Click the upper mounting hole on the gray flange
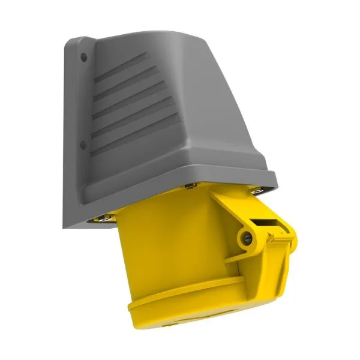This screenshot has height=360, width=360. tap(83, 56)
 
